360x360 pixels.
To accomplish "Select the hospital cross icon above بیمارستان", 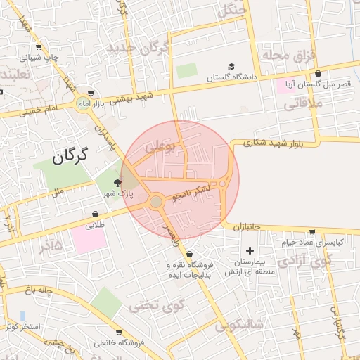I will click(250, 251).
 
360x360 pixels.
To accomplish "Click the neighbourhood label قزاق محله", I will click(290, 54).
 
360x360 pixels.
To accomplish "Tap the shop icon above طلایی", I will click(95, 214).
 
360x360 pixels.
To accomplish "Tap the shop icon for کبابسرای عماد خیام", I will click(312, 231).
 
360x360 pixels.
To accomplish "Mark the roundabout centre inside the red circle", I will click(156, 202).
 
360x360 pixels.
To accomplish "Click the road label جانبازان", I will click(247, 227).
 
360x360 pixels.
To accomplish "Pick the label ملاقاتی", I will click(302, 105).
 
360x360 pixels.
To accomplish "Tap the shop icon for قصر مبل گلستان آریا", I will click(319, 73).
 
